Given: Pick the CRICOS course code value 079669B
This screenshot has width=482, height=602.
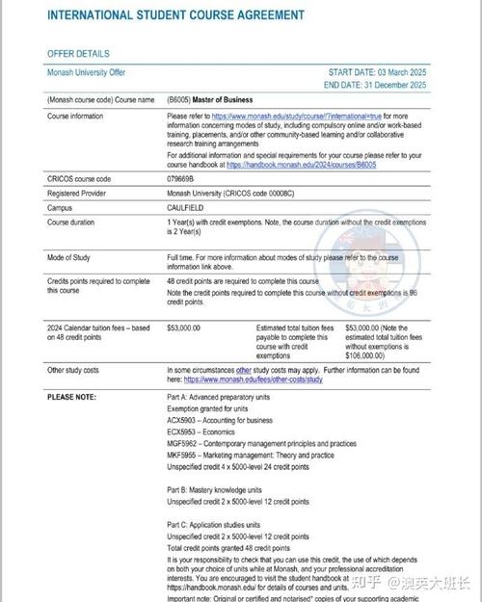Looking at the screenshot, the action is tap(180, 179).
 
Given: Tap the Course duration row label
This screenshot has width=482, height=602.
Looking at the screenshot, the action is tap(75, 222).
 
